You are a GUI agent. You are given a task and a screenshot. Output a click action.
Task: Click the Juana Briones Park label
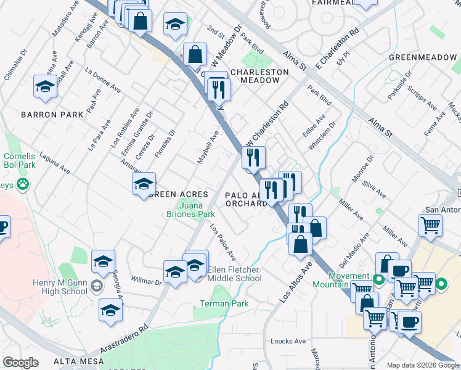[x=197, y=210]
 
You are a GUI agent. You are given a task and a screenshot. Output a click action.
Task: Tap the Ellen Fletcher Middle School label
[x=235, y=274]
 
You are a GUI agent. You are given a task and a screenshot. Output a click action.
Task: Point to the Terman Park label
[x=224, y=303]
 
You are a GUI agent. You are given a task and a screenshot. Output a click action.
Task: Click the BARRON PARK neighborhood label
[x=52, y=115]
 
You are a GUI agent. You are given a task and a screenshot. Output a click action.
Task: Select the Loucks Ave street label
[x=288, y=341]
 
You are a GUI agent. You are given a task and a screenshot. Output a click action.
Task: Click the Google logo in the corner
[x=20, y=363]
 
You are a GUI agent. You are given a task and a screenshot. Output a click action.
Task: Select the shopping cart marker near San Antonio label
[x=430, y=224]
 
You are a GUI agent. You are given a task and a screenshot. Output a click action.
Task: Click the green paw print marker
[x=23, y=183]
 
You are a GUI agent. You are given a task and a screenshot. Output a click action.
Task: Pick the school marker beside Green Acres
[x=144, y=183]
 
